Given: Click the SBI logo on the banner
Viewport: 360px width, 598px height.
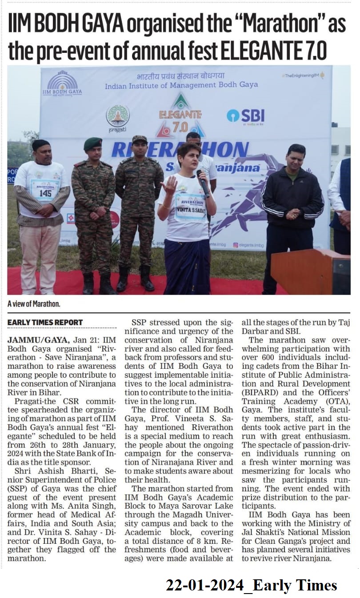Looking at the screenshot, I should point(245,116).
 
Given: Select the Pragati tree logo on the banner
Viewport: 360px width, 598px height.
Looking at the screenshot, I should point(117,116).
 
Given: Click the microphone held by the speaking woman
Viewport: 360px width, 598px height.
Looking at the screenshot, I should point(202,180).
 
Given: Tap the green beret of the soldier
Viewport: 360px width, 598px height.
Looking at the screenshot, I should point(92,144).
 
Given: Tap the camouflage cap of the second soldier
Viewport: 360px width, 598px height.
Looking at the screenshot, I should point(139,139).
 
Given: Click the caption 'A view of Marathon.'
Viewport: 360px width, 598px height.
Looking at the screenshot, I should point(34,304).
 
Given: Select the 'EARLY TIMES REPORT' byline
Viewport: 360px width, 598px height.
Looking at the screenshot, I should point(45,322).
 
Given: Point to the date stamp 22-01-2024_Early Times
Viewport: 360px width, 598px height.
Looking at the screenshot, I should point(251,585).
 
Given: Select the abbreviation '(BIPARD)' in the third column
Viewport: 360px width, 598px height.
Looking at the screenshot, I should point(260,393).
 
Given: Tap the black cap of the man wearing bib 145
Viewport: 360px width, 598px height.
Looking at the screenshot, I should point(40,145).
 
